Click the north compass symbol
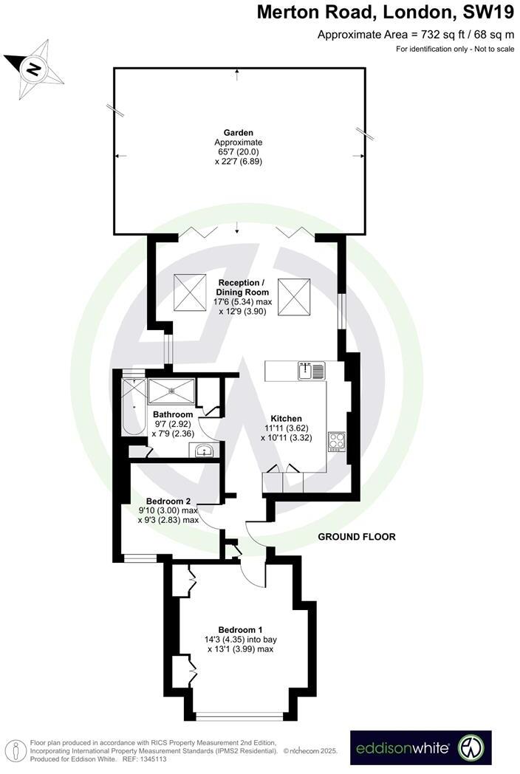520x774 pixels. pyautogui.click(x=33, y=69)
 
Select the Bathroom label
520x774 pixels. pyautogui.click(x=172, y=415)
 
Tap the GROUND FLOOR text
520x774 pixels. pyautogui.click(x=357, y=537)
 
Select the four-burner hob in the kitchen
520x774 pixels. pyautogui.click(x=336, y=441)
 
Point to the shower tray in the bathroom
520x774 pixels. pyautogui.click(x=171, y=388)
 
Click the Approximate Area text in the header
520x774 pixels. pyautogui.click(x=416, y=34)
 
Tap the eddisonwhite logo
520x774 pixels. pyautogui.click(x=420, y=748)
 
